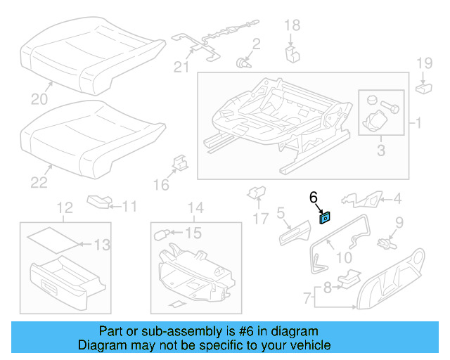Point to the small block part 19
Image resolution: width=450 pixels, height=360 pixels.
tap(424, 88)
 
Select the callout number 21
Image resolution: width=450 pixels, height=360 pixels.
tap(181, 67)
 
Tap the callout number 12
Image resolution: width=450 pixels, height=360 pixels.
tap(64, 207)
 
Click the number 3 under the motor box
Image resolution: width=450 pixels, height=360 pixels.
tap(380, 150)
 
